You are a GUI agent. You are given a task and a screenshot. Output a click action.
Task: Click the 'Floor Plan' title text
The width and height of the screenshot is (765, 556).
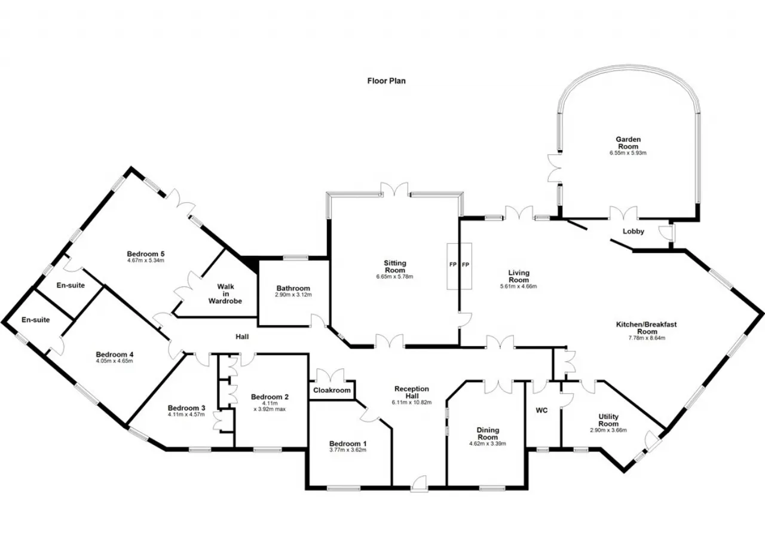pos(386,81)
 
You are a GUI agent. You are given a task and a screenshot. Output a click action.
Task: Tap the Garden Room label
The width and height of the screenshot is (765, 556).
pos(628,143)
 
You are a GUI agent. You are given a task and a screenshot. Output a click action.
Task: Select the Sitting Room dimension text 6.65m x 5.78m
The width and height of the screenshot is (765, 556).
pos(394,277)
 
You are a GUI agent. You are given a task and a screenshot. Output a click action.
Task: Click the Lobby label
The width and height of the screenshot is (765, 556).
pos(633,231)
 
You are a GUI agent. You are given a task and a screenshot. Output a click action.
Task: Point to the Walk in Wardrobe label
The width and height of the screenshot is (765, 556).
pos(225,294)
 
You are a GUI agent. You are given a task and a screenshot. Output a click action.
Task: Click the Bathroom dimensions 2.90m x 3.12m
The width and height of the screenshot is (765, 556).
pos(293,295)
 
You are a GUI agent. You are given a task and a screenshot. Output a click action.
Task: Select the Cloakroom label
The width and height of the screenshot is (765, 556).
pos(332,390)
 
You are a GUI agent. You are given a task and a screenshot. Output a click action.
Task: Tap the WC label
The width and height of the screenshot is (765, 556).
pos(541,410)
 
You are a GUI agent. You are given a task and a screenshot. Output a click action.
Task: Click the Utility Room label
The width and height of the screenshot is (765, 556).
pos(608,420)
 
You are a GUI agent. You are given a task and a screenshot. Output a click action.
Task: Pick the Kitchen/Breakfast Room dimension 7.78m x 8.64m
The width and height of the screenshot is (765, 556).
pos(647,338)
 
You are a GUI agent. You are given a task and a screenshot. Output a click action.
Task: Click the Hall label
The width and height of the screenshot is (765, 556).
pos(242,337)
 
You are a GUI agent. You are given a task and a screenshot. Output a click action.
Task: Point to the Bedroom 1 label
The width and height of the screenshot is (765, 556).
pos(348,444)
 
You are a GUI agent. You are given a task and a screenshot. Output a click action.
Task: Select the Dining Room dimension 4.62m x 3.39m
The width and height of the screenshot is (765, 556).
pos(488,444)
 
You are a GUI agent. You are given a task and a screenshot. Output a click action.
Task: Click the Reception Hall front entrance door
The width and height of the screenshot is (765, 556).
pos(420,484)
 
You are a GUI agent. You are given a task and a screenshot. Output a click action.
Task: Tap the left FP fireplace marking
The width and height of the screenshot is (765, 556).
pos(453,265)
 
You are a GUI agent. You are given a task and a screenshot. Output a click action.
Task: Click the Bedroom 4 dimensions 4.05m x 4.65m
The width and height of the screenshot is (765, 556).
pos(114,361)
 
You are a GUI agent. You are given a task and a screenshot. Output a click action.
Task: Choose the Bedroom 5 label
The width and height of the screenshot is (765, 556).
pos(145,253)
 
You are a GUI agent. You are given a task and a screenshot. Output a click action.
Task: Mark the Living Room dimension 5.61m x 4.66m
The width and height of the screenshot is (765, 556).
pos(518,286)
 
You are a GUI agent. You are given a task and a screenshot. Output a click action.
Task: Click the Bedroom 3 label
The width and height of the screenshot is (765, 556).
pos(186,408)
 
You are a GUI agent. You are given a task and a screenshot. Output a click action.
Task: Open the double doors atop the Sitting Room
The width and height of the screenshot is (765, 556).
pos(394,190)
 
